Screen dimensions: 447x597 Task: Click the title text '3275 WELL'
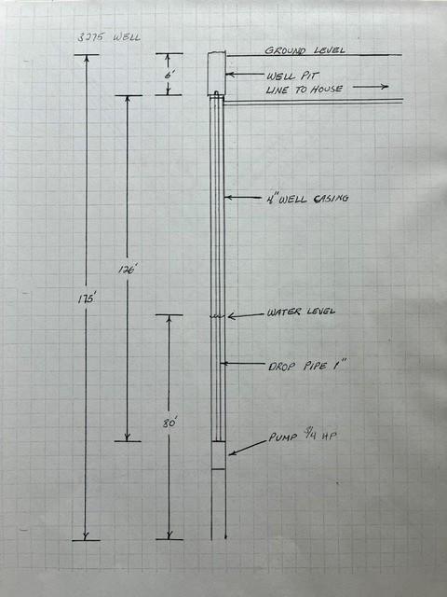(x=109, y=37)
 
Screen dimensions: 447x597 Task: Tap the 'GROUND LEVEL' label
(x=305, y=50)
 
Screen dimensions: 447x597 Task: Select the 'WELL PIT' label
(x=291, y=76)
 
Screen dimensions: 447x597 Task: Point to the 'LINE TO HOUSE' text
(x=305, y=90)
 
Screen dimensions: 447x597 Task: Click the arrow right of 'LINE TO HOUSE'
(x=371, y=87)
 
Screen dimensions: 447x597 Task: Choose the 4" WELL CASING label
(x=308, y=199)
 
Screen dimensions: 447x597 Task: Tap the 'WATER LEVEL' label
(x=301, y=312)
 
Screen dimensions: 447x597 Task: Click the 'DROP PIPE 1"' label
(x=307, y=366)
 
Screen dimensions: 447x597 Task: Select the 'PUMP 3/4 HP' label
(x=303, y=436)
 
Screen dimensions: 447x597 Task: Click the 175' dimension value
(x=87, y=299)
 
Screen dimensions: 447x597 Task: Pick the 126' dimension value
(x=128, y=270)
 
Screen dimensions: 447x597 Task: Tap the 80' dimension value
(x=169, y=423)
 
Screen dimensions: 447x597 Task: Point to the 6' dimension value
(x=169, y=75)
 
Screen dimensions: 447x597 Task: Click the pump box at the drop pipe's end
(x=219, y=455)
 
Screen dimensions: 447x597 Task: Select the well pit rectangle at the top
(x=217, y=74)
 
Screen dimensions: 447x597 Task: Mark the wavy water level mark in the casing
(x=217, y=316)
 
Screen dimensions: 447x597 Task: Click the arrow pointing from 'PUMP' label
(x=248, y=448)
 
